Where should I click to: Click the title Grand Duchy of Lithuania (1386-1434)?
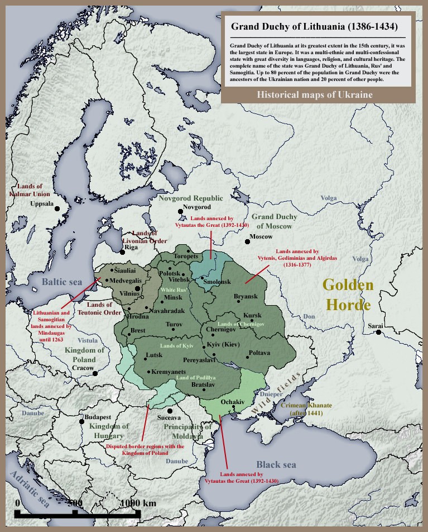(x=314, y=27)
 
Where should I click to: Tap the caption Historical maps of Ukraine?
(x=315, y=94)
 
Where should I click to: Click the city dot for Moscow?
(x=247, y=242)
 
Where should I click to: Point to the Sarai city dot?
(x=378, y=332)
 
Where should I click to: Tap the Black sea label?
(x=276, y=464)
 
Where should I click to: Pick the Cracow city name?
(x=83, y=368)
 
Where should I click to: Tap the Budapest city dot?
(x=81, y=418)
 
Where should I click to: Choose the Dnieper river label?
(x=271, y=395)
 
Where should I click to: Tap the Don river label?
(x=309, y=317)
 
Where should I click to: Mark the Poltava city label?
(x=259, y=353)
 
